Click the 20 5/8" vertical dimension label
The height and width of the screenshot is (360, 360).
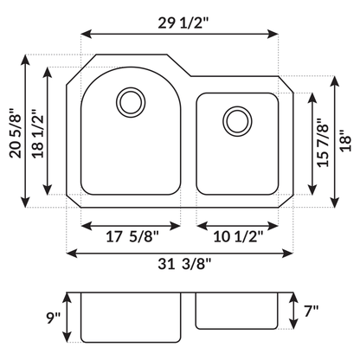13,133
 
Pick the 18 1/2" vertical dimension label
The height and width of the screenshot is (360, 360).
36,132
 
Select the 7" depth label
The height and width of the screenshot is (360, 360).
312,310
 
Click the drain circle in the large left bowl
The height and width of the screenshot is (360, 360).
132,101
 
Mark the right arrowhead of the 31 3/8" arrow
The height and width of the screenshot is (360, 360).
292,252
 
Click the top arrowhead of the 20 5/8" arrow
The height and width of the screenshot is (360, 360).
25,60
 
